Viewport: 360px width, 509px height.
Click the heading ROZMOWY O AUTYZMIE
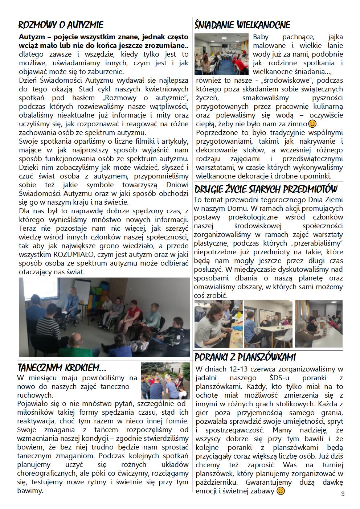click(x=61, y=25)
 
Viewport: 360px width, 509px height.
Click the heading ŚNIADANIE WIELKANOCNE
click(x=242, y=25)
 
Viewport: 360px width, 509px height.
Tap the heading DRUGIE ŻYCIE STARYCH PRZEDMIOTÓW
click(x=266, y=189)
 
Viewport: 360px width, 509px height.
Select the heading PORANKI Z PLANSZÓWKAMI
click(x=245, y=357)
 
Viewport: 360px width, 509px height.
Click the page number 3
click(x=343, y=494)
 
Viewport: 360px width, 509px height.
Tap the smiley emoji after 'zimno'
click(x=312, y=124)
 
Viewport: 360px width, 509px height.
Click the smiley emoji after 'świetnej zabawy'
click(x=281, y=491)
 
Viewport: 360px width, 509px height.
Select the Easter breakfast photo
click(x=221, y=54)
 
